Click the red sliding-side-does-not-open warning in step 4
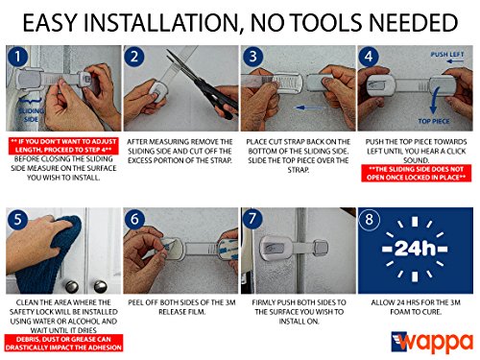click(x=415, y=173)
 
